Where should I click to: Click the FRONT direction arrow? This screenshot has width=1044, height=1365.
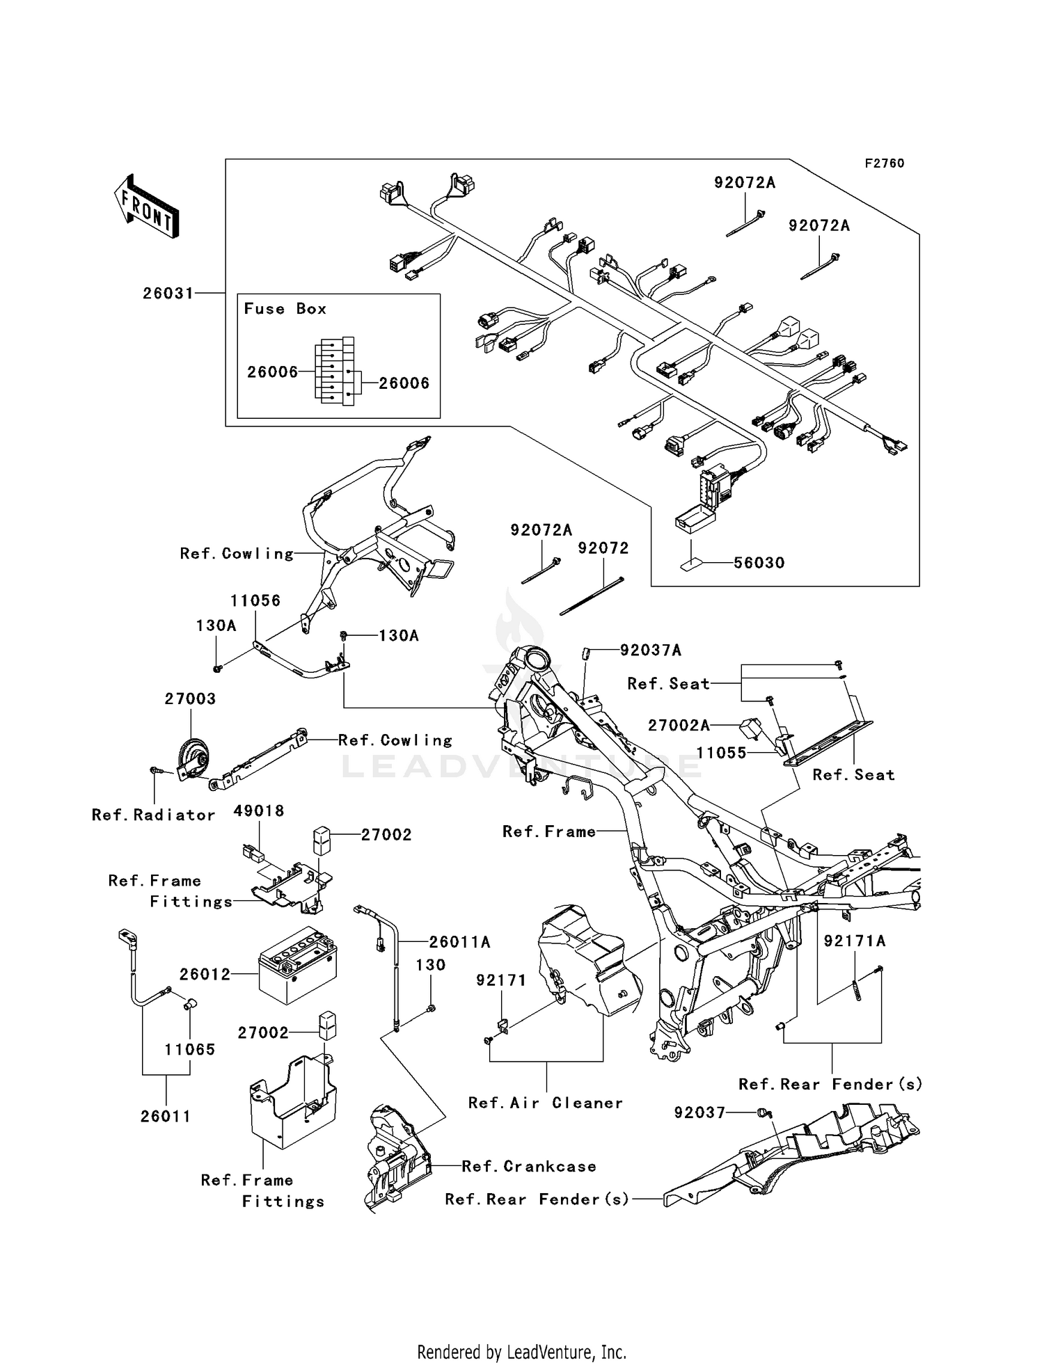coord(147,207)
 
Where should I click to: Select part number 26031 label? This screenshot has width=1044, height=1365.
coord(168,294)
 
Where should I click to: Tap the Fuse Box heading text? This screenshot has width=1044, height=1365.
coord(285,309)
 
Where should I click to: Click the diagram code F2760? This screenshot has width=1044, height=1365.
coord(884,163)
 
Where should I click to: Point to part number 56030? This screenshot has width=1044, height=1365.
coord(759,563)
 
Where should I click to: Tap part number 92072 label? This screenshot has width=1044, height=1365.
coord(603,548)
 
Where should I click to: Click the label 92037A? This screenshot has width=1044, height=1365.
coord(651,650)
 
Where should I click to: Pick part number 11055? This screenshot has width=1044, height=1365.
coord(722,753)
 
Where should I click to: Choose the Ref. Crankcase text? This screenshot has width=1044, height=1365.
coord(529,1167)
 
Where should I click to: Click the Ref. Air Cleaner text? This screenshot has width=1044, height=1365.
coord(546,1103)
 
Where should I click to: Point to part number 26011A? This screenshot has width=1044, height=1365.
coord(459,942)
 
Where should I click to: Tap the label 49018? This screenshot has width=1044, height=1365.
coord(258,811)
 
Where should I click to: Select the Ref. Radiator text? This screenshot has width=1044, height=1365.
coord(154,815)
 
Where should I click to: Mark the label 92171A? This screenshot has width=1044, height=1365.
coord(855,941)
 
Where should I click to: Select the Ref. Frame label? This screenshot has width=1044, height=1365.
coord(549,831)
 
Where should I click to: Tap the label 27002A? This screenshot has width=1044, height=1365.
coord(679,726)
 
